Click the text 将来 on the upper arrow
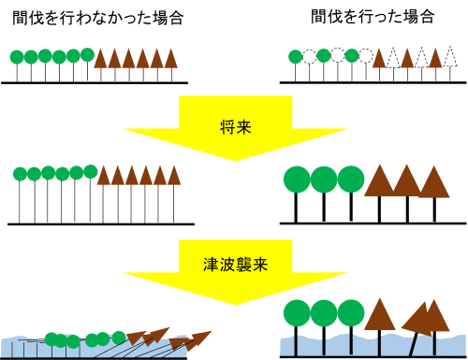(235, 127)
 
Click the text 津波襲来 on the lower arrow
(235, 265)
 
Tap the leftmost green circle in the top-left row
(17, 57)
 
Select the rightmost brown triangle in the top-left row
(170, 59)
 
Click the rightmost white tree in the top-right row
(450, 58)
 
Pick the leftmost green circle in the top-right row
(296, 57)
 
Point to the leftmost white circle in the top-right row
(309, 57)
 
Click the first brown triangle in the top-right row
(379, 59)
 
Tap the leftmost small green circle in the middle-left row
(20, 174)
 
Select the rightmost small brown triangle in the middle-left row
(173, 176)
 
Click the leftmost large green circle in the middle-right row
(297, 179)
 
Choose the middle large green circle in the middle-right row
(324, 179)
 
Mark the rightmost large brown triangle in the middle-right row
(433, 183)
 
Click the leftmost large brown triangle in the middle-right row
(379, 182)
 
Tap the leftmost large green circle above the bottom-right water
(297, 312)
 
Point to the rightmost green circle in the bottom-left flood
(119, 337)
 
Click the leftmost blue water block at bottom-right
(286, 346)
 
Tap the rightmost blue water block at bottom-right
(450, 345)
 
